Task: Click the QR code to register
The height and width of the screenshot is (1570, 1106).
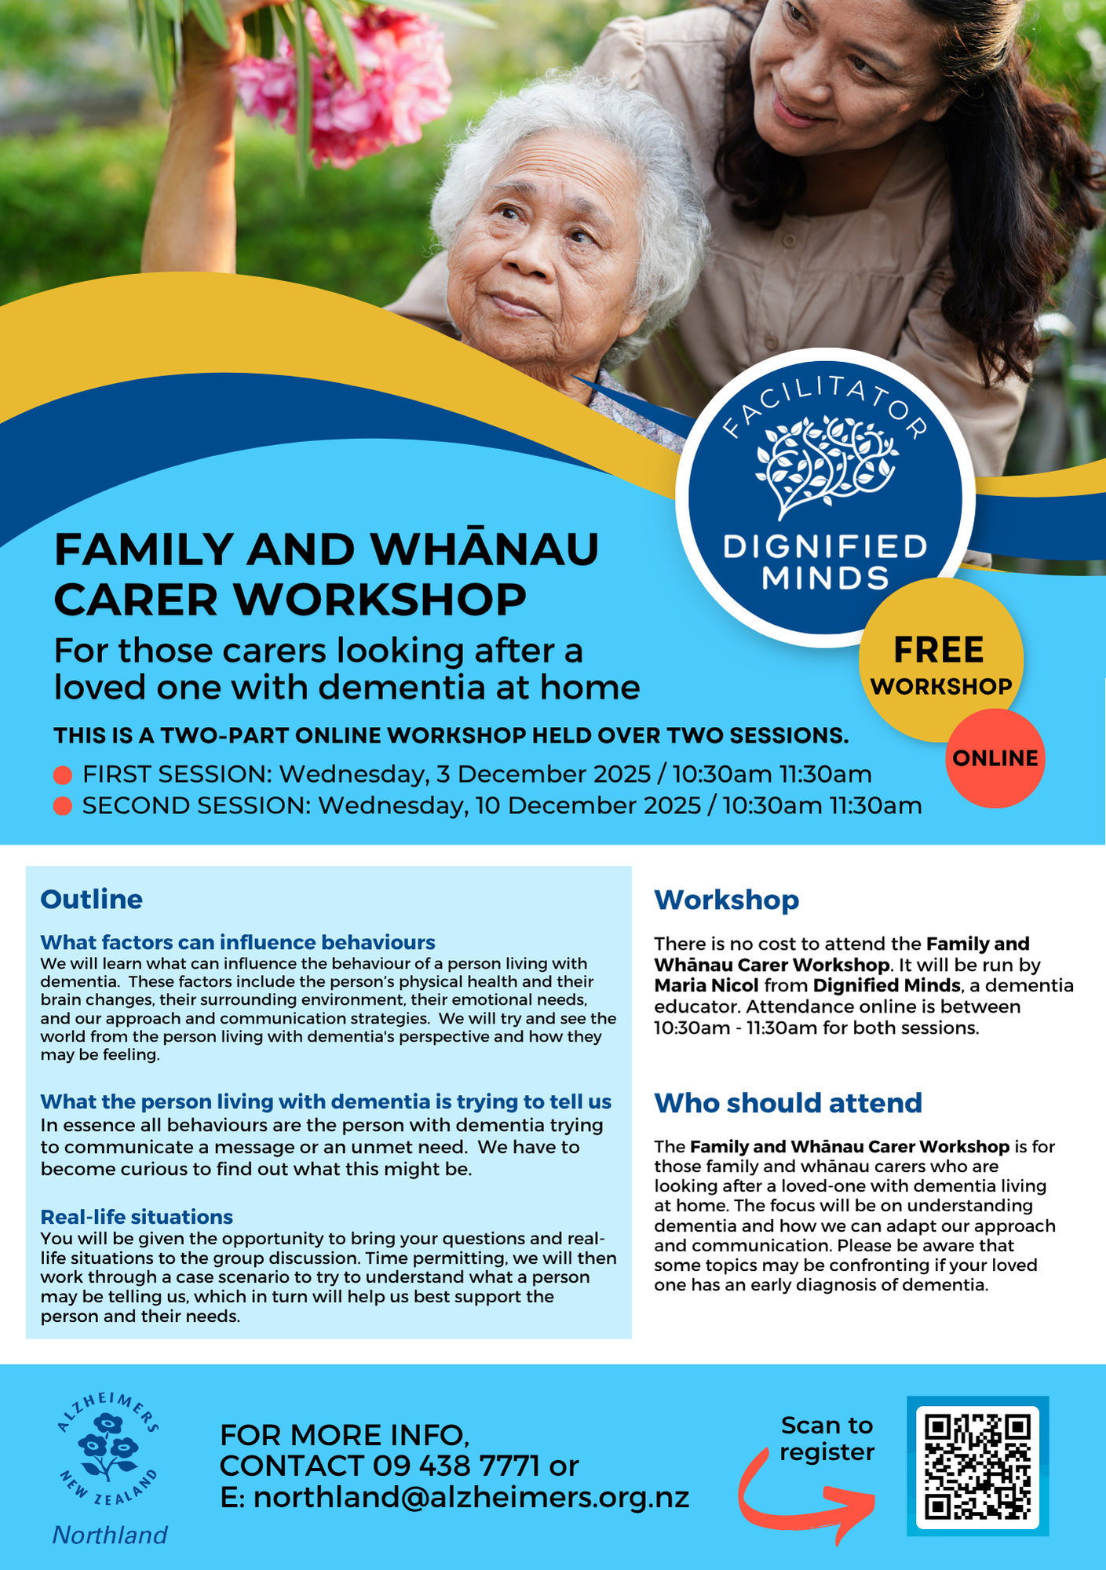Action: pyautogui.click(x=977, y=1466)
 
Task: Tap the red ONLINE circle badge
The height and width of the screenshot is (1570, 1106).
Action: pyautogui.click(x=995, y=758)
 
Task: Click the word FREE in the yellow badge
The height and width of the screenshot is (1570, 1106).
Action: pyautogui.click(x=939, y=651)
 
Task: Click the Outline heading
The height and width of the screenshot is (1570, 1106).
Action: pyautogui.click(x=91, y=899)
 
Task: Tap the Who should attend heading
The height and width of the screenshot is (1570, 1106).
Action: pyautogui.click(x=787, y=1102)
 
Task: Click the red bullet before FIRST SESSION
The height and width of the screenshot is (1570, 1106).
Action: pyautogui.click(x=63, y=775)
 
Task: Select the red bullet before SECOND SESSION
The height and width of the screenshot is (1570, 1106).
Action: pyautogui.click(x=63, y=806)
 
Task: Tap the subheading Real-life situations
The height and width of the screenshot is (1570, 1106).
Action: pyautogui.click(x=137, y=1216)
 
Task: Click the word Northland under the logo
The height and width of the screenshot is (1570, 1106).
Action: pyautogui.click(x=110, y=1534)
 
